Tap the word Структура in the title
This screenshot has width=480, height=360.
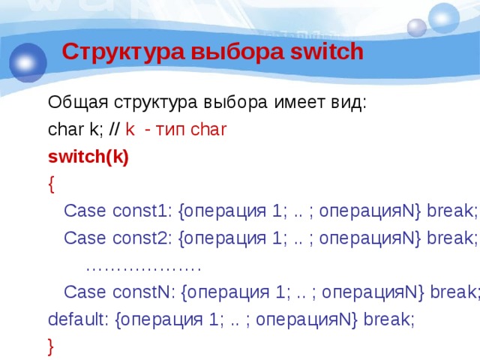pos(123,52)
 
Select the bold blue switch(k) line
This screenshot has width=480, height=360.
pos(88,157)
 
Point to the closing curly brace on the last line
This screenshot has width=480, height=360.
pos(51,346)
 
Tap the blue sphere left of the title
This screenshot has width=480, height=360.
pos(28,61)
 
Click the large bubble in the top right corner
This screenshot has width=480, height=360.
pos(443,18)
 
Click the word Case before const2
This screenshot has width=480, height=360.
pos(84,238)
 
